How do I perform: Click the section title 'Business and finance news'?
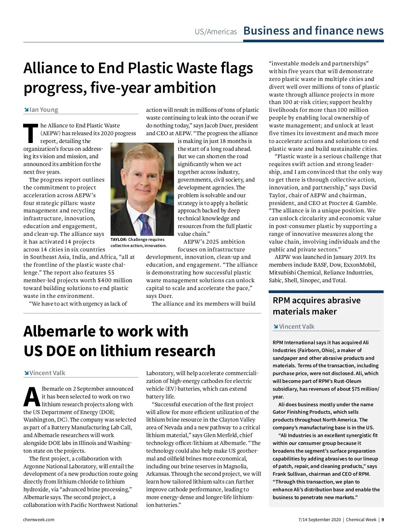(313, 31)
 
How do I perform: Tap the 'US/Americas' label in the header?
(216, 32)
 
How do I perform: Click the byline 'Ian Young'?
(44, 110)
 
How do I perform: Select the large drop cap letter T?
(31, 134)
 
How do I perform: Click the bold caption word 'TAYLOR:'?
(119, 240)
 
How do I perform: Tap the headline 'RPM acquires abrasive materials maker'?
(316, 306)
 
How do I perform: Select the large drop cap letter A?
(32, 397)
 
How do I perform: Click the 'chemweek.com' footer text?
(39, 519)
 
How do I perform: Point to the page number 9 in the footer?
(383, 519)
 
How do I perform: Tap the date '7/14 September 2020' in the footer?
(319, 519)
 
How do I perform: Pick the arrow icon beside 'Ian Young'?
(26, 110)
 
